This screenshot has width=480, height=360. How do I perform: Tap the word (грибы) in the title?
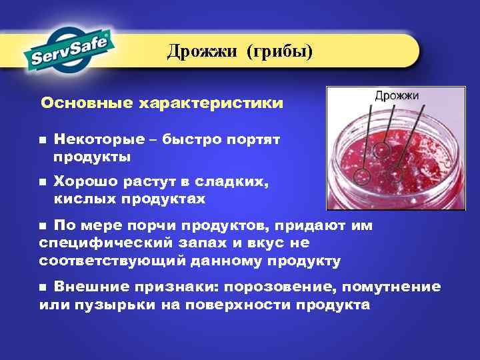(x=279, y=51)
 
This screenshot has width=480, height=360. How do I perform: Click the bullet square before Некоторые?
(x=42, y=141)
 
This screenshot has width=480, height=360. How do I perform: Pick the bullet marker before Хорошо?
(x=42, y=181)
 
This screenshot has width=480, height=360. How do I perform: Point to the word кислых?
(x=85, y=199)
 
